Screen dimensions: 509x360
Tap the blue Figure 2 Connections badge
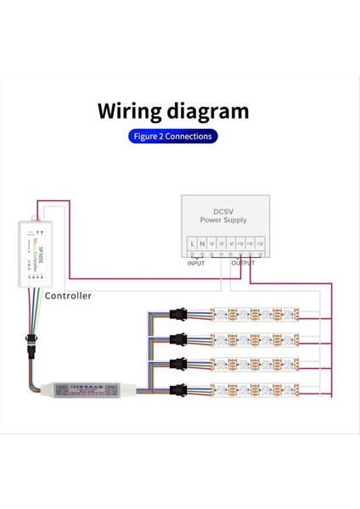[173, 136]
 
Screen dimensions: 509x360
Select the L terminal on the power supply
[192, 244]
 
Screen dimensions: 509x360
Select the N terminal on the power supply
[201, 244]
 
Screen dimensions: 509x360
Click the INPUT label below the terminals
[196, 263]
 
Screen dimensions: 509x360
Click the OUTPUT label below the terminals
[243, 263]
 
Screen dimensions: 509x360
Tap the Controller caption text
[68, 296]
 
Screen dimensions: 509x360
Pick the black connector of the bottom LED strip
[177, 391]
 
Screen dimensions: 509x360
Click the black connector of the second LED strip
[177, 340]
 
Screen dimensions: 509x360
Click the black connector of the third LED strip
[177, 366]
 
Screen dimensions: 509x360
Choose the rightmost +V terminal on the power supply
[261, 244]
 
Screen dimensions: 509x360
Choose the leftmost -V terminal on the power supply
[211, 244]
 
